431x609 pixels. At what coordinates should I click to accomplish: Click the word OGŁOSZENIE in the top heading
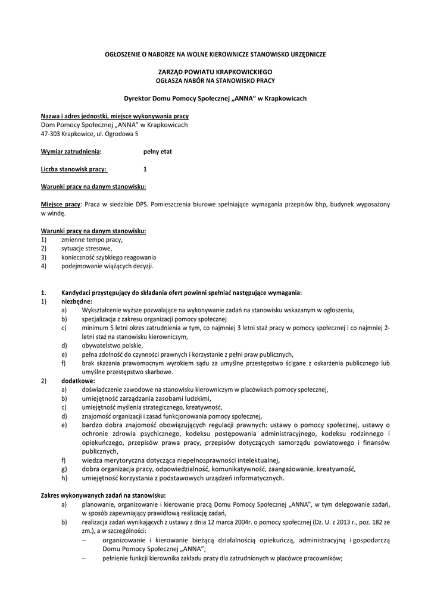(121, 54)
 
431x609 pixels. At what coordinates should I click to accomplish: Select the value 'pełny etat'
(157, 152)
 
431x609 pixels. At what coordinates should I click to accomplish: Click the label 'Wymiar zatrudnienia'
(70, 152)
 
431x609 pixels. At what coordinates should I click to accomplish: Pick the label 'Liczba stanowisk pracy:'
(74, 169)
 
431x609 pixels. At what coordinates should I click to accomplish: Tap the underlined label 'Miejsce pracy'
(60, 204)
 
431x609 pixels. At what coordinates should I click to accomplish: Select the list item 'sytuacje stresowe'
(86, 248)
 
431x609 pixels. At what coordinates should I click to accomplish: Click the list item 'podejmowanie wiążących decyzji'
(107, 266)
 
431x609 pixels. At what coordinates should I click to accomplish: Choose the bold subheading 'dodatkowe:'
(77, 381)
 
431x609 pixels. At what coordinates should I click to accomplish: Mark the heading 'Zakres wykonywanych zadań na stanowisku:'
(103, 495)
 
